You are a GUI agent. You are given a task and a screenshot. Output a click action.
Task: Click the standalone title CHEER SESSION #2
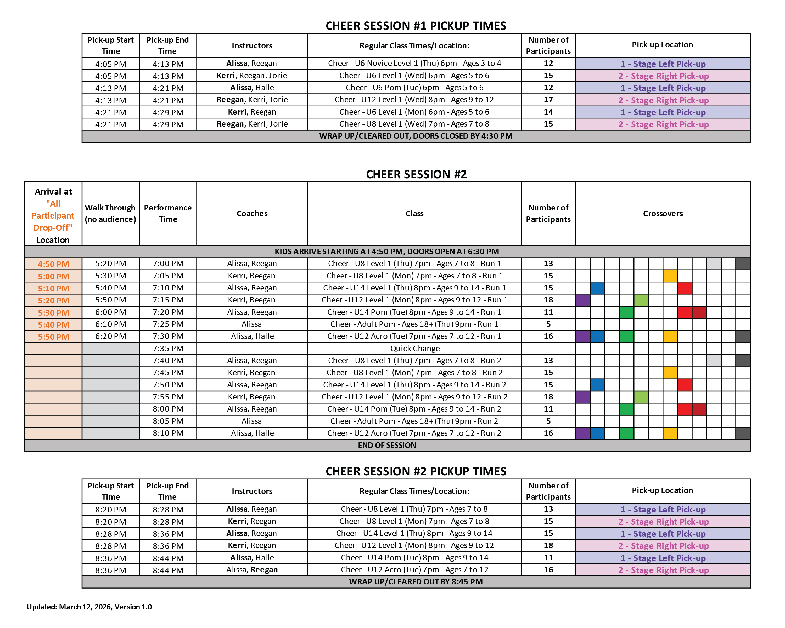click(x=416, y=175)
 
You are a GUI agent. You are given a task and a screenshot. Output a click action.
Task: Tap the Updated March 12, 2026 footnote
click(x=89, y=607)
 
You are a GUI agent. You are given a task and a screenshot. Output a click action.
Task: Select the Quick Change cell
click(x=415, y=349)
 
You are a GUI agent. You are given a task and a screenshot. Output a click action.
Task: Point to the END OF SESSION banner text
click(x=387, y=445)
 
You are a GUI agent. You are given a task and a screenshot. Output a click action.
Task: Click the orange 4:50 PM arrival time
click(x=53, y=264)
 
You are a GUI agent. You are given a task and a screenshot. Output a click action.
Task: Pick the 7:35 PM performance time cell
click(x=168, y=349)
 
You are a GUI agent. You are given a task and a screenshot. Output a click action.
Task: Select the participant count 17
click(x=548, y=100)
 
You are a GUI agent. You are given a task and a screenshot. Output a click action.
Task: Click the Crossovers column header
click(x=662, y=214)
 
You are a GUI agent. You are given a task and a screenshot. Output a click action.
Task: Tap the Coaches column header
click(x=252, y=214)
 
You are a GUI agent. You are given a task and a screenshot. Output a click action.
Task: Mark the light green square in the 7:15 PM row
click(x=641, y=300)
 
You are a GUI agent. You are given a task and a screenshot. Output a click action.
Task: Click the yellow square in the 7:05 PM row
click(x=670, y=276)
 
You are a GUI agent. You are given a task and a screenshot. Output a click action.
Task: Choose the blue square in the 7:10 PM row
click(x=597, y=288)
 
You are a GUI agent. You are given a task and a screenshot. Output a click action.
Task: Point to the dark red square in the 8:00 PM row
click(x=699, y=409)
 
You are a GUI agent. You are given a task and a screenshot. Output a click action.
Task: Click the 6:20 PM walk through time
click(x=111, y=336)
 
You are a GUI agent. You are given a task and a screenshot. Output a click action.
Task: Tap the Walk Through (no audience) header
click(x=110, y=214)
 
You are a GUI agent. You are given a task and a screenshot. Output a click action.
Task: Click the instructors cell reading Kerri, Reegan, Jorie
click(x=252, y=76)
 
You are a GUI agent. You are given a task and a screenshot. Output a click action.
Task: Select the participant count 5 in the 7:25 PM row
click(x=548, y=324)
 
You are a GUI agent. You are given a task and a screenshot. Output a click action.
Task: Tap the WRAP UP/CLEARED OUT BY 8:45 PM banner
click(x=416, y=581)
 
